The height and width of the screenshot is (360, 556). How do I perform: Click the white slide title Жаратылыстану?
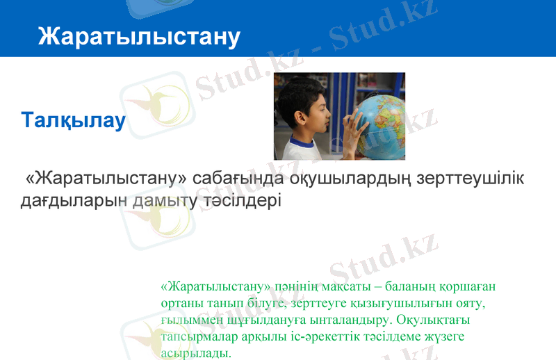(139, 36)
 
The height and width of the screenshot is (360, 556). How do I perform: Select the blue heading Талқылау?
(74, 120)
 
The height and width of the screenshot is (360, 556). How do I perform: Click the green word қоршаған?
(470, 286)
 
